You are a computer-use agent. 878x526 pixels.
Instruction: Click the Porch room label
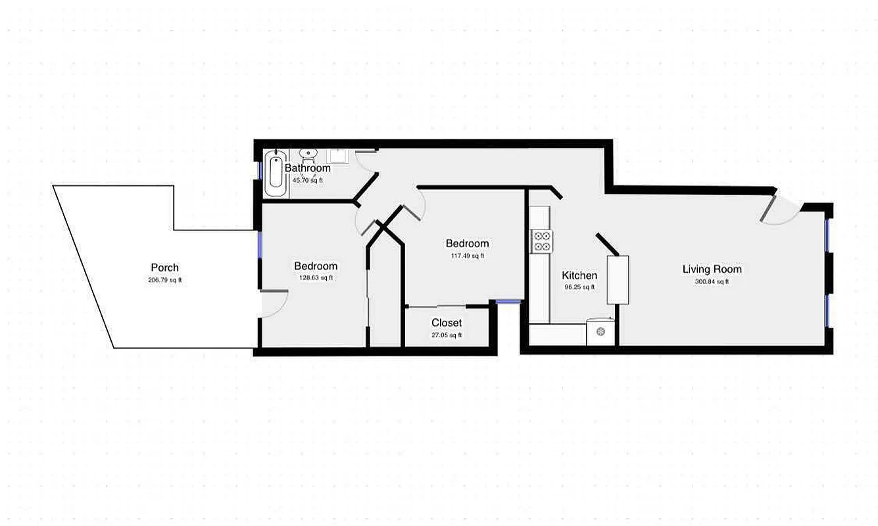pos(164,268)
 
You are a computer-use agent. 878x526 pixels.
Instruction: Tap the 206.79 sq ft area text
pos(164,280)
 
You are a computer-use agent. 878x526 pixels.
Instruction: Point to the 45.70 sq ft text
pos(308,180)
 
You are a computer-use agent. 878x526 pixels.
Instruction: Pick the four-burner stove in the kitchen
pos(542,241)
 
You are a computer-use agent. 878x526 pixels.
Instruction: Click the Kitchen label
pos(579,275)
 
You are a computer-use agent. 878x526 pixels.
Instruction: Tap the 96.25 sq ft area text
pos(579,287)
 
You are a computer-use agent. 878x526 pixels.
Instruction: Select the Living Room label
pos(712,269)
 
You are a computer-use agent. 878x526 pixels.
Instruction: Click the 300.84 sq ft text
pos(712,282)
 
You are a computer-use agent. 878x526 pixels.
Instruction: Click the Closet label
pos(447,323)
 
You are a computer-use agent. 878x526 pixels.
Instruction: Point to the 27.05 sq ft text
pos(447,335)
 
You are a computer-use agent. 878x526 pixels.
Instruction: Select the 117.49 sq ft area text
pos(467,256)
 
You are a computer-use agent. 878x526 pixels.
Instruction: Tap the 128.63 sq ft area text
pos(316,278)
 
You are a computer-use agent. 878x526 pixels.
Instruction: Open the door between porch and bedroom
pos(273,304)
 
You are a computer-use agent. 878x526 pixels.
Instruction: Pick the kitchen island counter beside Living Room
pos(618,279)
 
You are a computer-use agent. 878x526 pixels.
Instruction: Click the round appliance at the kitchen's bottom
pos(600,332)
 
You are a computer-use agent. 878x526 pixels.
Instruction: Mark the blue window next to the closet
pos(508,302)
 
